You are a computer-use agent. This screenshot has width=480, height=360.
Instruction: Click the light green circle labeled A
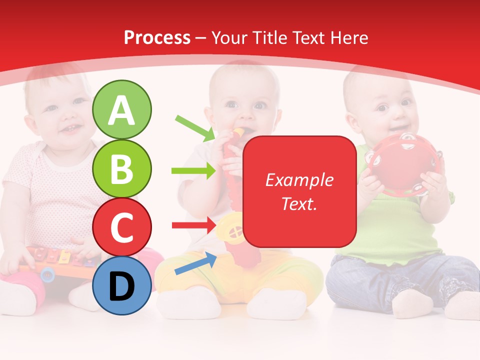(x=122, y=110)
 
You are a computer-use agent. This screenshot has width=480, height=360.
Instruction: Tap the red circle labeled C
(x=122, y=227)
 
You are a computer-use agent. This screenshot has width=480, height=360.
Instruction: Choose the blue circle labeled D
(x=122, y=285)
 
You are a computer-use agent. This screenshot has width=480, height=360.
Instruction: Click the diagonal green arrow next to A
(x=195, y=127)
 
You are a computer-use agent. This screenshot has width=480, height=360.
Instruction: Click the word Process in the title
(x=157, y=38)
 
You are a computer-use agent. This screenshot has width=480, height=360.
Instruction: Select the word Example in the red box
(x=299, y=180)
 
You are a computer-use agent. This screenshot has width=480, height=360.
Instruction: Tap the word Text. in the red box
(x=299, y=203)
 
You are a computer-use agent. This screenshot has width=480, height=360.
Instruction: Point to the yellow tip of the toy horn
(x=238, y=132)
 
